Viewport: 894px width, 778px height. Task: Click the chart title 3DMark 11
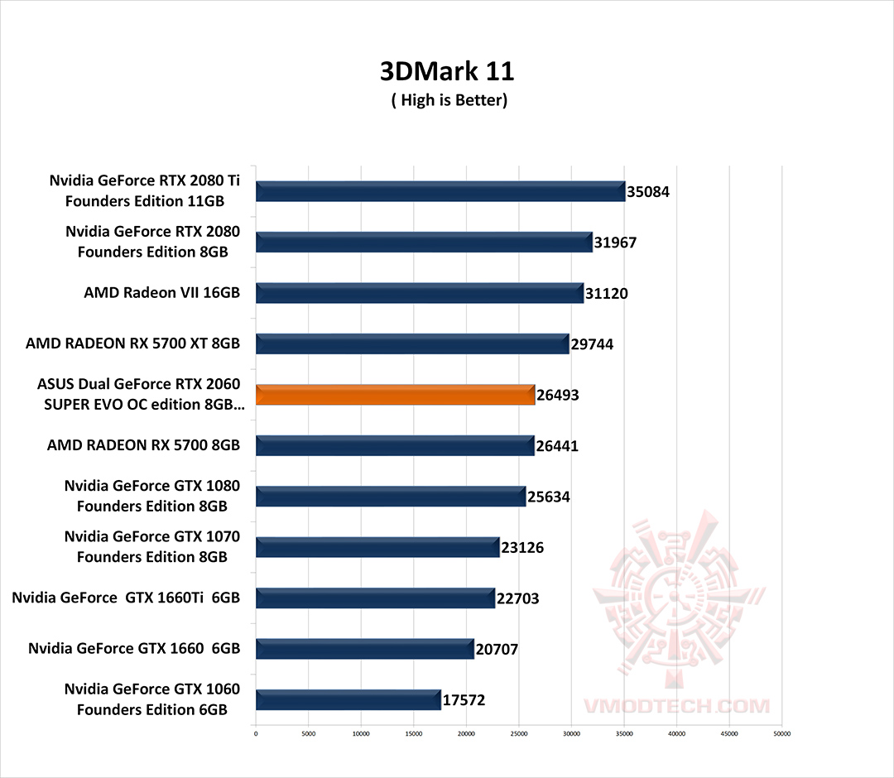(447, 71)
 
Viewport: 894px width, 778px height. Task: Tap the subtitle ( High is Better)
(449, 100)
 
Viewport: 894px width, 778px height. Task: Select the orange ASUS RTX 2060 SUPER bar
(396, 395)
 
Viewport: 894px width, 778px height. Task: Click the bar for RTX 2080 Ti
(440, 191)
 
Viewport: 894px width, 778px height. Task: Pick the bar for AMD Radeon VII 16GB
(420, 293)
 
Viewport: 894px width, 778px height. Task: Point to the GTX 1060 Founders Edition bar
(348, 699)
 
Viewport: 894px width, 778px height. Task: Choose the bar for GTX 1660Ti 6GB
(375, 598)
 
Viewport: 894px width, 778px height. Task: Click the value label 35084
(648, 192)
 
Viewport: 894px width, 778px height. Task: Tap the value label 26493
(558, 396)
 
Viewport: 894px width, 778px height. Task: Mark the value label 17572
(464, 700)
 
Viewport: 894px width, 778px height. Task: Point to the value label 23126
(522, 548)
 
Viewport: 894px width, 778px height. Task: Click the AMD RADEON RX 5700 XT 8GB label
(132, 343)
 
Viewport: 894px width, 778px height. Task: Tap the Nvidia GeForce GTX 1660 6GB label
(134, 648)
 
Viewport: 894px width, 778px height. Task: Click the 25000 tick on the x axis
(519, 733)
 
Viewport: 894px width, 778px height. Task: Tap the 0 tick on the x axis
(256, 733)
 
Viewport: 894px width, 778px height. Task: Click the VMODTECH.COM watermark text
(677, 706)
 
